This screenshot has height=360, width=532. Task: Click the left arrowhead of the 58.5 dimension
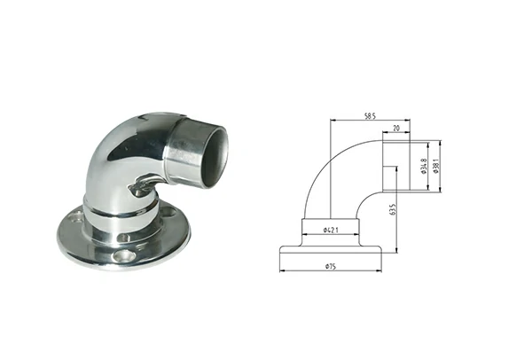(x=331, y=121)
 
